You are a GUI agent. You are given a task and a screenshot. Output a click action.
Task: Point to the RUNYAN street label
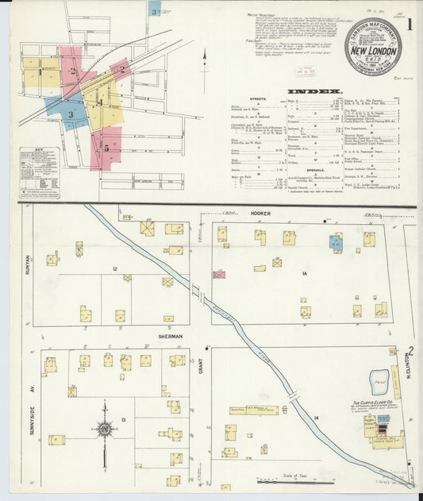pos(26,264)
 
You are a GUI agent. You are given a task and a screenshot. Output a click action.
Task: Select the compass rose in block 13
pos(104,430)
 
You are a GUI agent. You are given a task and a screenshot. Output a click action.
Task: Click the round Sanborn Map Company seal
pos(372,47)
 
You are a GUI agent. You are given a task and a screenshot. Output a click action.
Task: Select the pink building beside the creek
pos(219,274)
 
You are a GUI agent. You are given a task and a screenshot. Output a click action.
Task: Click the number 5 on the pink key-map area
pos(106,148)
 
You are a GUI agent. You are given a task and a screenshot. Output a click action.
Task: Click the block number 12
pos(115,269)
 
